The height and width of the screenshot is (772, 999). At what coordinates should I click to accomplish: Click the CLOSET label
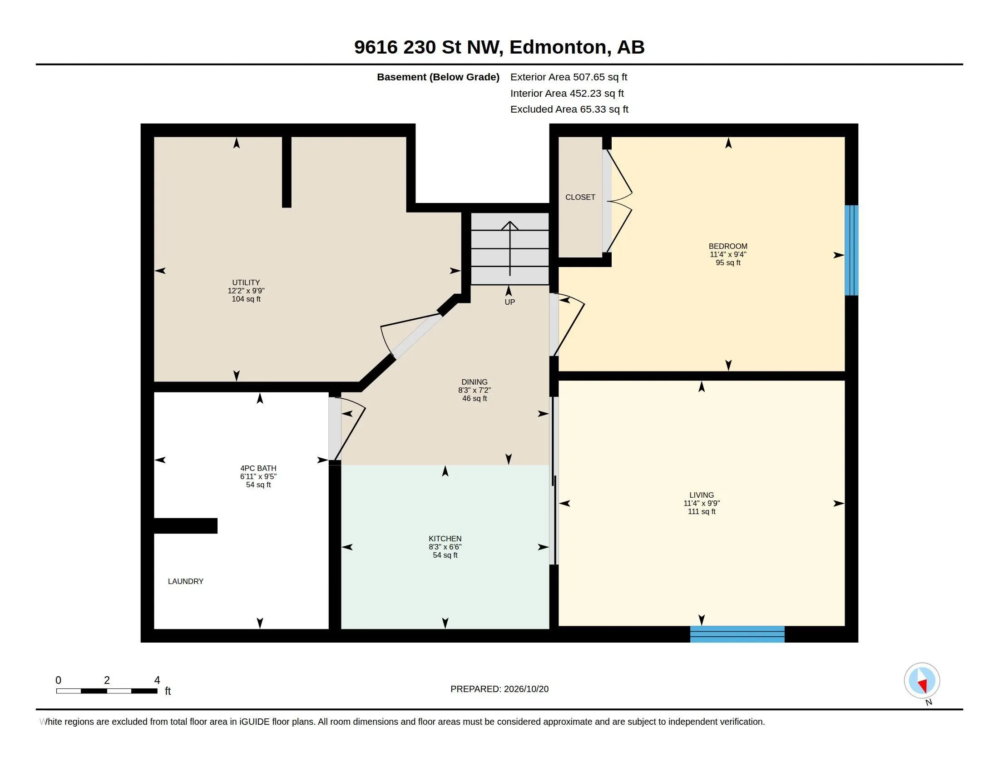[580, 197]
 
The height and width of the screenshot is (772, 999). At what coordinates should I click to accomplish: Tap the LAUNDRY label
[186, 581]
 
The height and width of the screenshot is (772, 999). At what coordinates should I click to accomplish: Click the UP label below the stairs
[509, 302]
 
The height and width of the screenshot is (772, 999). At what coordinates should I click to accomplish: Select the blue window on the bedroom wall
[851, 250]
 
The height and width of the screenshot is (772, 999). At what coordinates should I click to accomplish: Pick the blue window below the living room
[737, 634]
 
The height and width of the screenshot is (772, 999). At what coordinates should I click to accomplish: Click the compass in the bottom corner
[922, 681]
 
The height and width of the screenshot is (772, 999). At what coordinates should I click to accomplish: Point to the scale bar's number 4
[157, 680]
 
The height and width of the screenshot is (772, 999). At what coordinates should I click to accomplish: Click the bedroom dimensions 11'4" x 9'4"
[728, 254]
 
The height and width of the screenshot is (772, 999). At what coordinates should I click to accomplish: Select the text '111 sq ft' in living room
[702, 511]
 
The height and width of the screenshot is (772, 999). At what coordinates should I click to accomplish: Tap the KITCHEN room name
[445, 539]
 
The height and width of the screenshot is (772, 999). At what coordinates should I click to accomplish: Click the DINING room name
[475, 382]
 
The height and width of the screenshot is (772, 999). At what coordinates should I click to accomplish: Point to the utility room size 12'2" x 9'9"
[246, 291]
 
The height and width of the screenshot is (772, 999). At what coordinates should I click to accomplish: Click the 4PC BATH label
[258, 468]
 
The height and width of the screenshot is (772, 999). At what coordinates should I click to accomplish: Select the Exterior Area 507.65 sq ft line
[569, 77]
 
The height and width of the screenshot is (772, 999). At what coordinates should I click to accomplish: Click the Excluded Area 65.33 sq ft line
[569, 109]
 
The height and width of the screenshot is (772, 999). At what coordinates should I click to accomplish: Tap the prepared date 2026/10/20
[526, 689]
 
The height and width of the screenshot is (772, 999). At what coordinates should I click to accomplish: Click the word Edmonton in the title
[560, 48]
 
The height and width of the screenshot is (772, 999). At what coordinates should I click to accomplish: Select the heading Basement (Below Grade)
[438, 77]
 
